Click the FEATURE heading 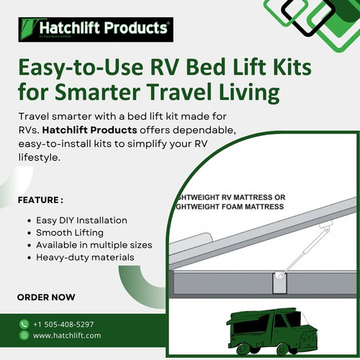coord(40,199)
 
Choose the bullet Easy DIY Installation coord(81,220)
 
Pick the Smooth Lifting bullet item coord(70,233)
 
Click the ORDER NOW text coord(45,297)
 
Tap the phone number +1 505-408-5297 coord(68,324)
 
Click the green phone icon coord(24,324)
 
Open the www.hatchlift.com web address coord(67,336)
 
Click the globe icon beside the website coord(24,336)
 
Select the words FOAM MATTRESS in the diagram coord(256,207)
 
